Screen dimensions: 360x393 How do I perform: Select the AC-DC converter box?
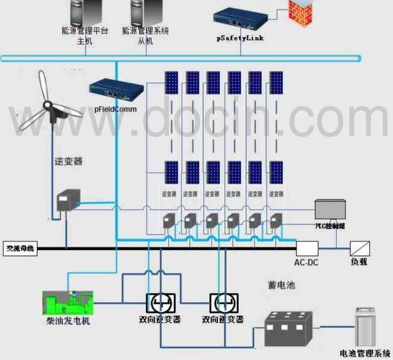point(306,248)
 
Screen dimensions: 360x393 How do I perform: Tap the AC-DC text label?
point(306,262)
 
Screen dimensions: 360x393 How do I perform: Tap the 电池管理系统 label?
point(365,355)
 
